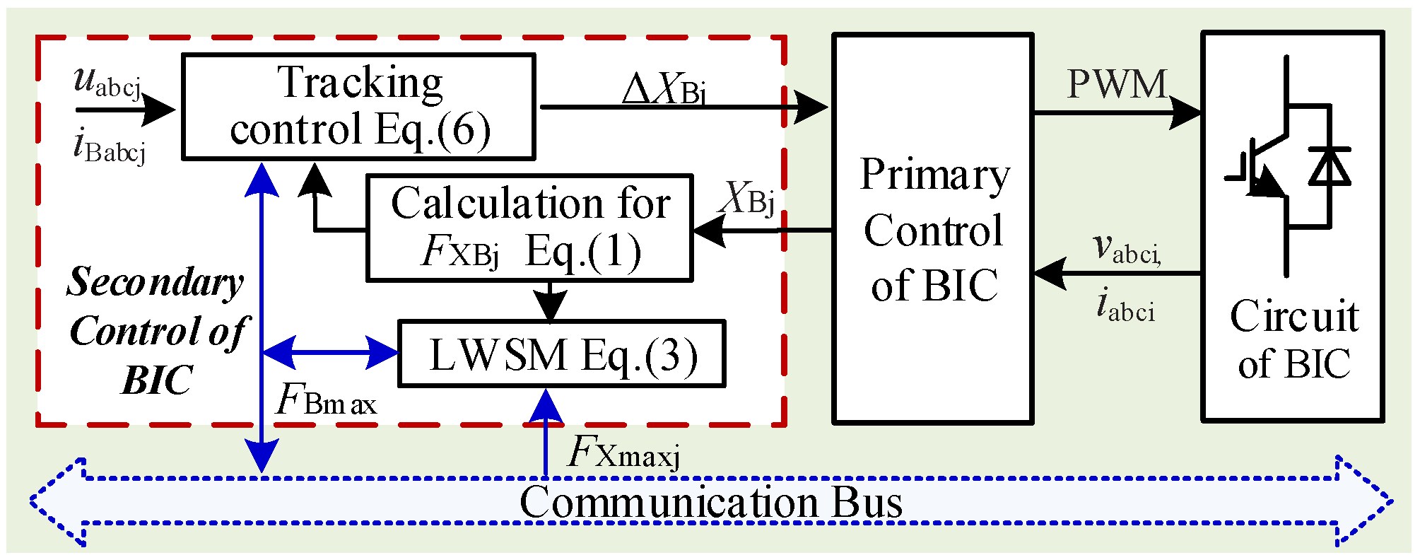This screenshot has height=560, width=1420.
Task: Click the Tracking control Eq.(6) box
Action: pos(358,106)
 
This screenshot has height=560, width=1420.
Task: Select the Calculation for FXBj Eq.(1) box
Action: pos(529,228)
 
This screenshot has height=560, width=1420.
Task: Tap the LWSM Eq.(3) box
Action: pos(562,354)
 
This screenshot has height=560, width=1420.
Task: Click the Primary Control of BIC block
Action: pos(933,228)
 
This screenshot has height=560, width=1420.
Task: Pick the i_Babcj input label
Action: pos(109,147)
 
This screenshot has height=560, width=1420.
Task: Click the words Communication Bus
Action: pos(710,503)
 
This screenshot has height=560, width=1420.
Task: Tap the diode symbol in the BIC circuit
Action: pos(1329,167)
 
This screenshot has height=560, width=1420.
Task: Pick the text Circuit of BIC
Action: pos(1293,339)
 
